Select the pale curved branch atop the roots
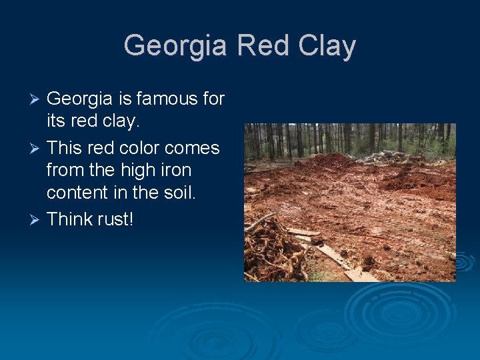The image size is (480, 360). pyautogui.click(x=259, y=222)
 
